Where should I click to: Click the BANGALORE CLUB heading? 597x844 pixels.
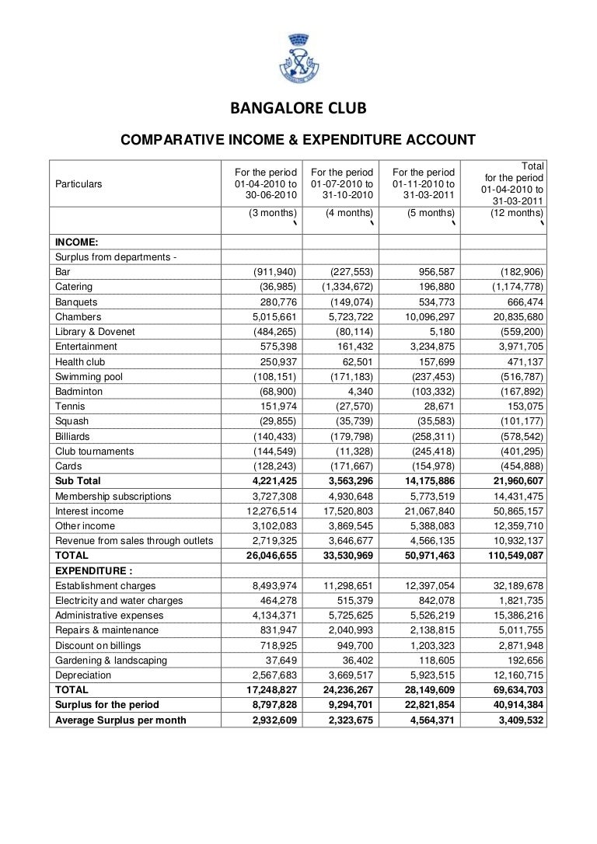[x=298, y=107]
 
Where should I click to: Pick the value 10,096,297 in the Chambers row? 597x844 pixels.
[x=424, y=316]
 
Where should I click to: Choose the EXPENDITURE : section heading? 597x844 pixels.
[x=93, y=570]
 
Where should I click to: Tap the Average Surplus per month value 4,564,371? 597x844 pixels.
[x=427, y=720]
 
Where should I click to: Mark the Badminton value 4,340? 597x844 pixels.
[x=360, y=392]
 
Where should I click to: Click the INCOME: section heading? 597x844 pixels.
[x=76, y=242]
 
